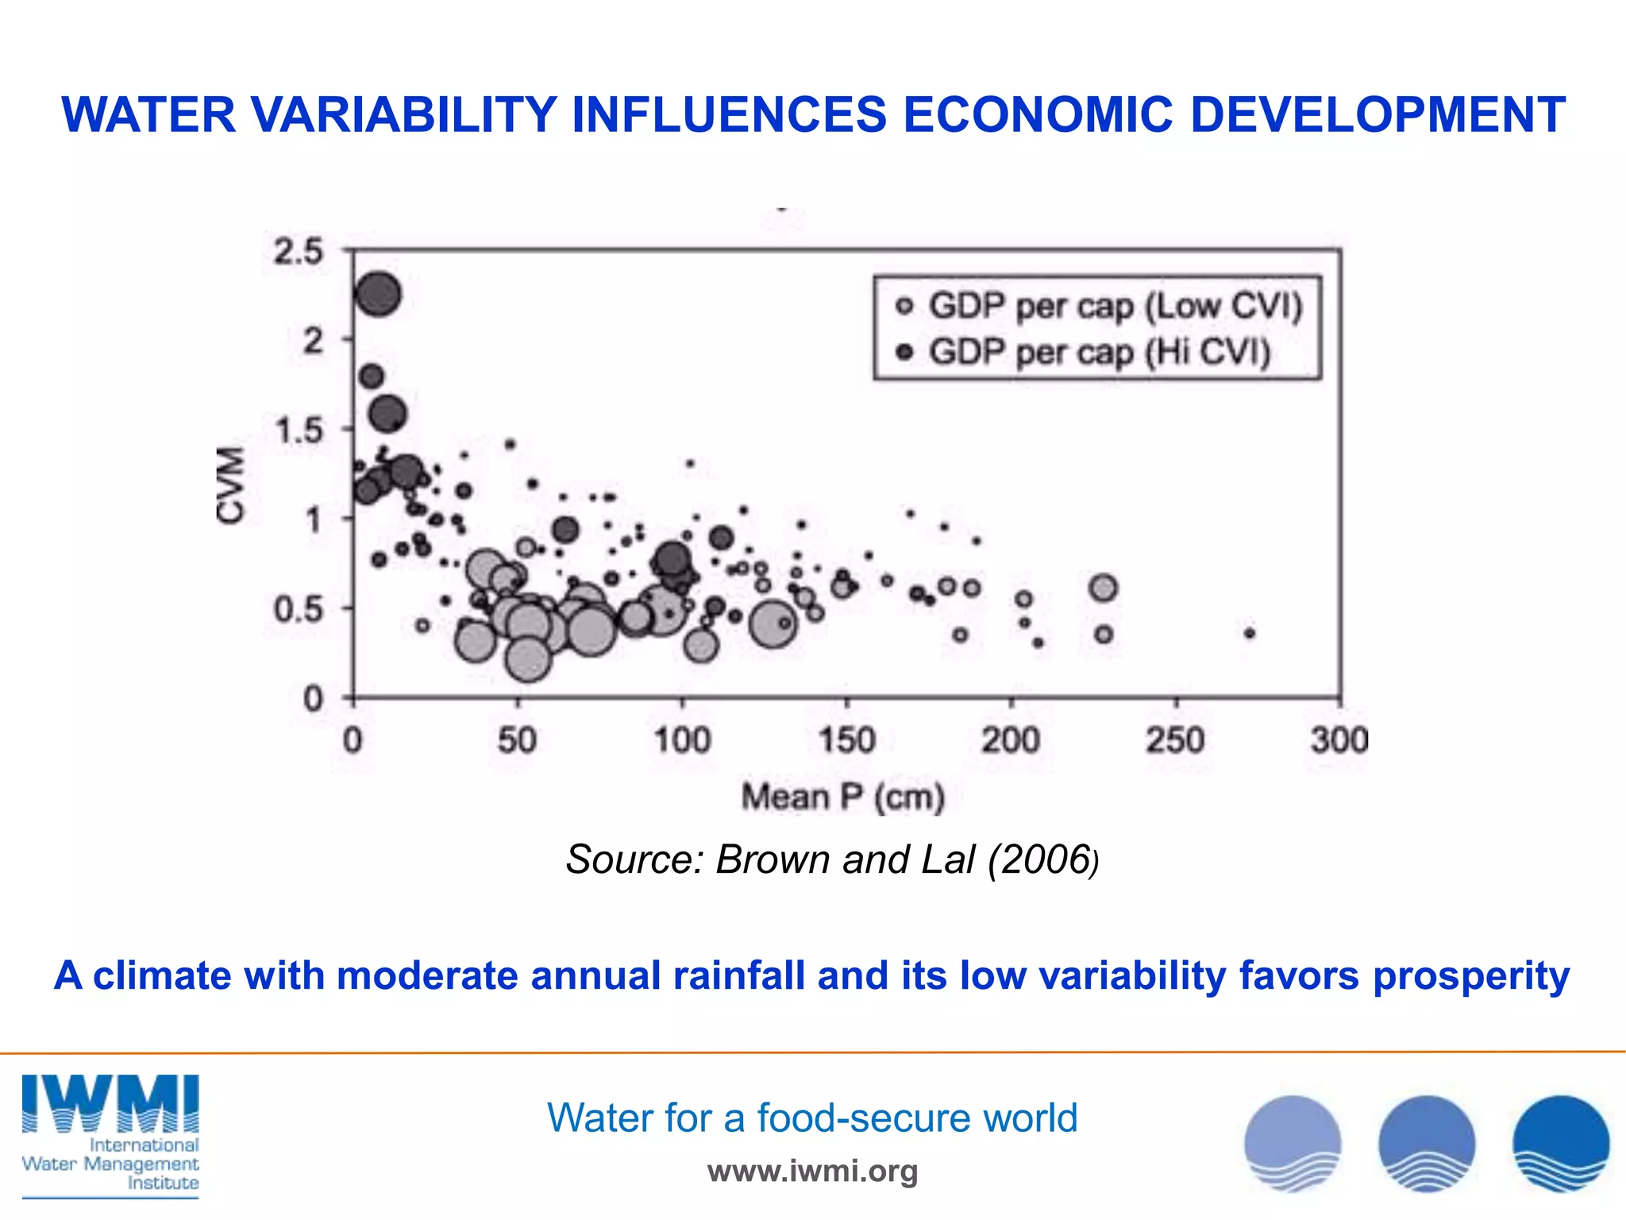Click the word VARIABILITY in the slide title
403,114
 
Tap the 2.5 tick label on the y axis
298,252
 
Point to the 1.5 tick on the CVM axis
298,430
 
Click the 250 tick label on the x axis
1174,740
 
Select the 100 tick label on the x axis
681,740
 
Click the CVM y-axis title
230,485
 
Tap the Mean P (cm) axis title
843,797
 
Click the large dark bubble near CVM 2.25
378,294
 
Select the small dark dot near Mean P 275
1250,633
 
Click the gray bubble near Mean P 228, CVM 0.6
1103,588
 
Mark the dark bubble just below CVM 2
372,376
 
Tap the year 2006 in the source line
1043,859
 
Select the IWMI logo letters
110,1103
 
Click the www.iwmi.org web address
812,1171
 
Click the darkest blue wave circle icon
1560,1143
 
